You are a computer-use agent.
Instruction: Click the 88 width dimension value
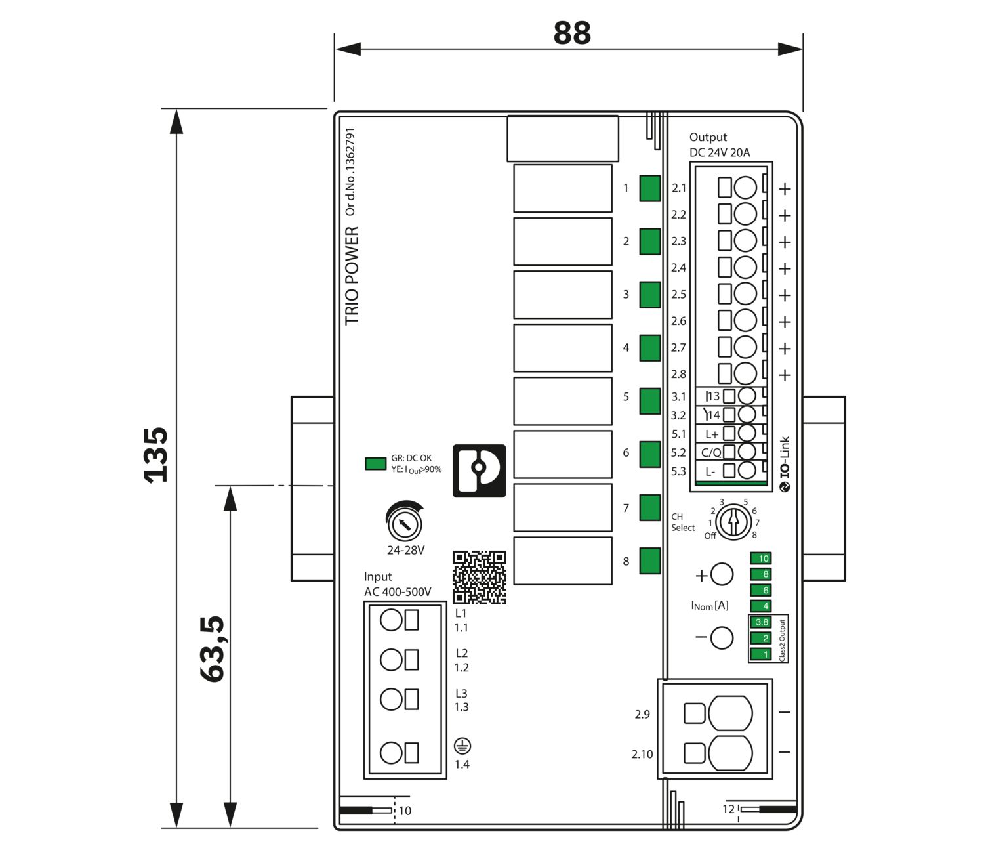572,33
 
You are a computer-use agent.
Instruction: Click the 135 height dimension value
156,455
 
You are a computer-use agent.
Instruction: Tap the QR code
480,577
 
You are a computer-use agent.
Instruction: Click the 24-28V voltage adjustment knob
404,523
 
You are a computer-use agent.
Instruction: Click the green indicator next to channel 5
650,401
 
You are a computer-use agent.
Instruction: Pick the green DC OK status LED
375,463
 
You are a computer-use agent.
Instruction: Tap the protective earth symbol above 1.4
462,746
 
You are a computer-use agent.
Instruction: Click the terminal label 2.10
642,754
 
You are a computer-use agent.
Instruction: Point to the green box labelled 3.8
761,622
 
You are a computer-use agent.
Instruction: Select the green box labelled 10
761,559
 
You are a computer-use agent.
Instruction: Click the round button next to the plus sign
722,574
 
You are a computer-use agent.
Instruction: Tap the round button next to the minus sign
722,637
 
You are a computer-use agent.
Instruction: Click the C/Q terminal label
711,452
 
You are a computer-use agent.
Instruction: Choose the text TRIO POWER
352,276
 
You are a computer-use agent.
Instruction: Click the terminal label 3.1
678,396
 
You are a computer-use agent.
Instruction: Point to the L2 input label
462,653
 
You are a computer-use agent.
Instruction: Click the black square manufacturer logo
479,471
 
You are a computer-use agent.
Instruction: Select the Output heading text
708,137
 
